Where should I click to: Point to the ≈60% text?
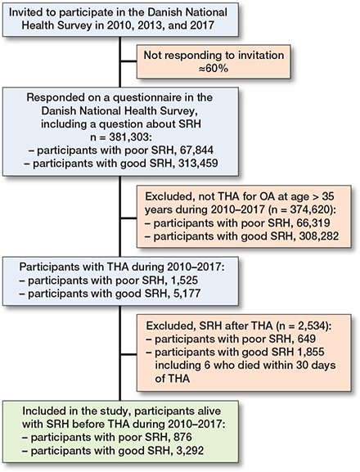tap(214, 69)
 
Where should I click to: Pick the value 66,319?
tap(313, 223)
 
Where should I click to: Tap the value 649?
tap(307, 339)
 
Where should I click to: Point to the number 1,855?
tap(311, 352)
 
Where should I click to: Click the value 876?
tap(182, 437)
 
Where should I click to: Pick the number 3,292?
tap(190, 451)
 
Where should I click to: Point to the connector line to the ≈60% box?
tap(129, 61)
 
